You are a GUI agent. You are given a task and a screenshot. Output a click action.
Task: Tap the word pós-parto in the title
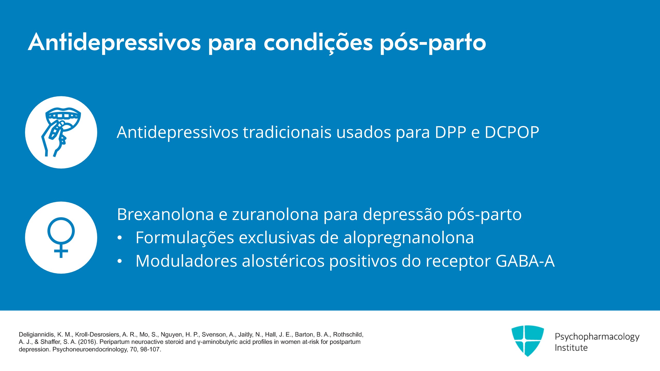click(x=433, y=43)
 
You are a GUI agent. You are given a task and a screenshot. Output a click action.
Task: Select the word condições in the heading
click(x=318, y=43)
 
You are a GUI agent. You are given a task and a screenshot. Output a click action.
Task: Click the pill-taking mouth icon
click(x=61, y=132)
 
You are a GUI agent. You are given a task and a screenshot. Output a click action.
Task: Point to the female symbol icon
click(x=61, y=237)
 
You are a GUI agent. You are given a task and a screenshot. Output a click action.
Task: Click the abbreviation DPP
click(x=450, y=132)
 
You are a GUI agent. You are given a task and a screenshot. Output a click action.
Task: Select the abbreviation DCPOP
click(x=512, y=132)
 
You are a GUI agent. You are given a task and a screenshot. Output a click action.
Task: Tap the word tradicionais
click(x=287, y=132)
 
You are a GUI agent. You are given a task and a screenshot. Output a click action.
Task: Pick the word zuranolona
click(x=275, y=214)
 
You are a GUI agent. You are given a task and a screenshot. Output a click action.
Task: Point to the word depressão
click(x=402, y=215)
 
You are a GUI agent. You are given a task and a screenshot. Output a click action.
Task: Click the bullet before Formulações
click(x=120, y=238)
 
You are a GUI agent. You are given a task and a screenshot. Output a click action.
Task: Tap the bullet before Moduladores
click(x=120, y=262)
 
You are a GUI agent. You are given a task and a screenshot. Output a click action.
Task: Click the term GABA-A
click(x=525, y=261)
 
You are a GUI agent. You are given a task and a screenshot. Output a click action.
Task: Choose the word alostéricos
click(x=283, y=261)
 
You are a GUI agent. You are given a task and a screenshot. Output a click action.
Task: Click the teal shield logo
click(x=527, y=341)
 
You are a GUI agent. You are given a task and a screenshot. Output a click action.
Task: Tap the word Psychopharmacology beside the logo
click(x=597, y=337)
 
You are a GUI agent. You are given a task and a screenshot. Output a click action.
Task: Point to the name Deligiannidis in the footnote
click(x=37, y=335)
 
